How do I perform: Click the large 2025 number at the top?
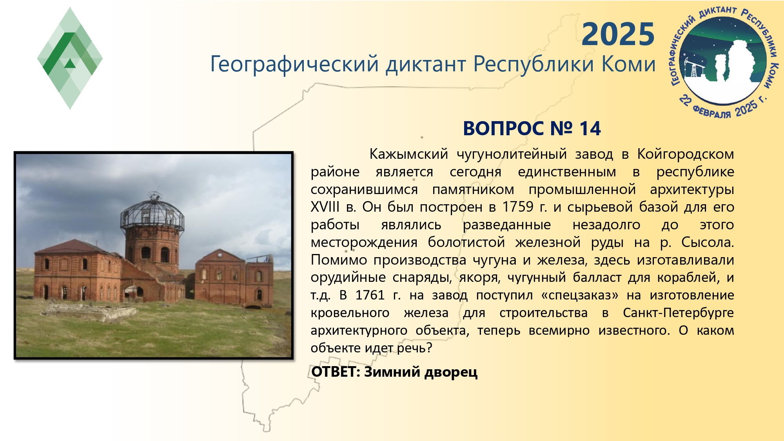618,34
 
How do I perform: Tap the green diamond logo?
70,58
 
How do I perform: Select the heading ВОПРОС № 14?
532,129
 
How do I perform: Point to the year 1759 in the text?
518,207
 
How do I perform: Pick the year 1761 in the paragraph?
370,295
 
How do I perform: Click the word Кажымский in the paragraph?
408,154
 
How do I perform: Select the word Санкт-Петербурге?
678,313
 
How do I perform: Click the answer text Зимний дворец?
421,372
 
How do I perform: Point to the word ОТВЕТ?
336,372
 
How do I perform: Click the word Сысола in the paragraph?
707,242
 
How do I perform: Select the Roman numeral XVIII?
325,207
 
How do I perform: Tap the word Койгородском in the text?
686,154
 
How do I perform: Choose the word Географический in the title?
294,64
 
